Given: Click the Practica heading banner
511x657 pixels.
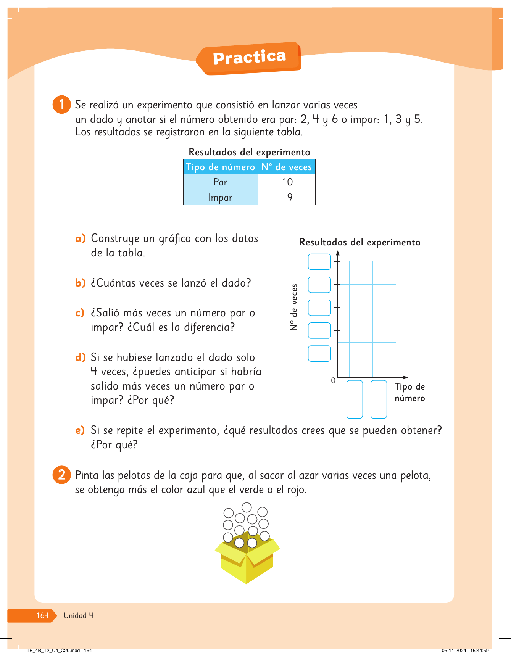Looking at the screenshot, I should [x=249, y=58].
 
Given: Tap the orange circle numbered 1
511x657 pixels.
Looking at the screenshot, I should [x=61, y=105].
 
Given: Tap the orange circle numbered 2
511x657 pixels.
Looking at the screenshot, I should [x=61, y=475].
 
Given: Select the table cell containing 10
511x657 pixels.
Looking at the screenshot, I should [x=287, y=182].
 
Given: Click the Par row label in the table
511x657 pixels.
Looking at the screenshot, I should [x=220, y=182].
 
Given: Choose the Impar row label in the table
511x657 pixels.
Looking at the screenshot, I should [x=220, y=197].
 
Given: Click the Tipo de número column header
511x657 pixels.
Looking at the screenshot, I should [x=220, y=167].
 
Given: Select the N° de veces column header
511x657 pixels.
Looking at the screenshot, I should [x=286, y=167].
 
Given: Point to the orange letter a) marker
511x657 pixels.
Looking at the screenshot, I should [x=80, y=239].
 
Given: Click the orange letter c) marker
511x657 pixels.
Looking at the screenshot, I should [x=79, y=313].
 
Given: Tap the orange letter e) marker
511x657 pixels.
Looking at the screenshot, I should [x=80, y=430].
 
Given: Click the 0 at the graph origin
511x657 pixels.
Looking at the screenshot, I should [x=333, y=380].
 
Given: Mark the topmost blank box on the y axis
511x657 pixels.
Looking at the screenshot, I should [x=319, y=262].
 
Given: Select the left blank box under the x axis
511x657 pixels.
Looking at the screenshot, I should [x=355, y=399].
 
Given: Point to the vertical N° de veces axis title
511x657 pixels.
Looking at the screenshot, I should [x=293, y=307].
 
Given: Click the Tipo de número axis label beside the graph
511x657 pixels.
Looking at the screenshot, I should [x=409, y=392].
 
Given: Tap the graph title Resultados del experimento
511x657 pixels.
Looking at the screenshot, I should [x=359, y=242].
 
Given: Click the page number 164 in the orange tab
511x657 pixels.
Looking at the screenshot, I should [x=42, y=615].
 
